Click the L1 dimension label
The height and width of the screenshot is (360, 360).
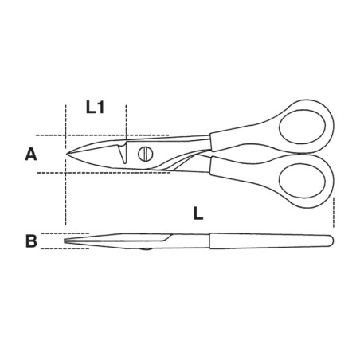coord(95,108)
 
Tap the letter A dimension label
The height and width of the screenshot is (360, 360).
coord(31,155)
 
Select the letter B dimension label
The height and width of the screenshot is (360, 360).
coord(31,241)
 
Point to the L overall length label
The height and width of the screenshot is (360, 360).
coord(198,213)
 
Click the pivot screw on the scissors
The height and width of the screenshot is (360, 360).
coord(146,154)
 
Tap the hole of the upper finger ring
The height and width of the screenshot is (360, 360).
coord(302,127)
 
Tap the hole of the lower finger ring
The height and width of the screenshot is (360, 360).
coord(302,181)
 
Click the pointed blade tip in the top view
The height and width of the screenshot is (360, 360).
coord(66,154)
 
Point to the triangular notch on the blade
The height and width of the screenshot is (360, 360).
coord(123,154)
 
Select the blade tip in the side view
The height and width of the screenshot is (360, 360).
coord(65,241)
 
